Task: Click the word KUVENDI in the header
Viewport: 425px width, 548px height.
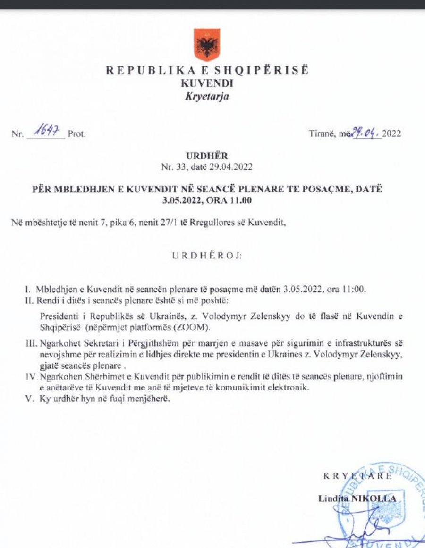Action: click(x=207, y=83)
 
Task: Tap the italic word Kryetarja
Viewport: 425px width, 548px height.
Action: click(x=207, y=97)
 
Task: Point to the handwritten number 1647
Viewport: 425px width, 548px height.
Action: click(x=46, y=133)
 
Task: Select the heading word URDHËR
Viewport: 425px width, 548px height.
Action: click(x=207, y=155)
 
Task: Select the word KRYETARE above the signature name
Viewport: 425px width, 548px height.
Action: click(x=357, y=476)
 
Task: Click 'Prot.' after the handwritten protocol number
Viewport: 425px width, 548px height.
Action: click(x=77, y=133)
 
